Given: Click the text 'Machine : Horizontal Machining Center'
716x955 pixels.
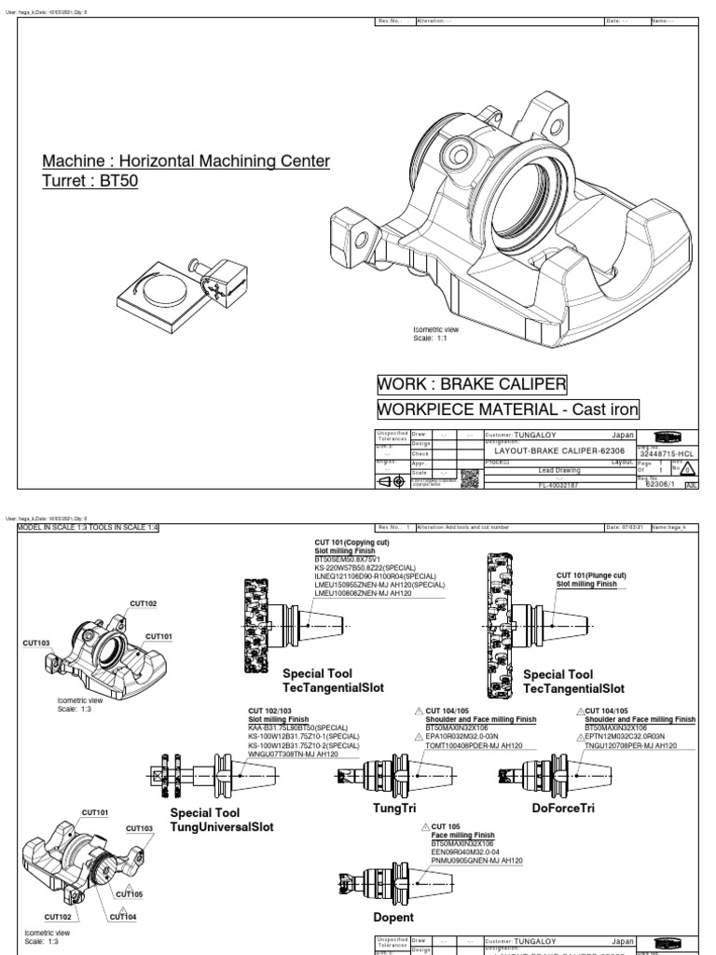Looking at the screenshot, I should pos(186,161).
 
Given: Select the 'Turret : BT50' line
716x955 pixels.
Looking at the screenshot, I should pos(90,181).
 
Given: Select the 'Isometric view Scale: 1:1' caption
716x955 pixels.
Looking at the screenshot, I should pos(435,334).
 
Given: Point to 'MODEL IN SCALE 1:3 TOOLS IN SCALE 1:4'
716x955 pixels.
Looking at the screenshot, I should pos(88,527).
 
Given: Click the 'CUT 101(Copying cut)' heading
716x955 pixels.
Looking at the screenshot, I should pos(350,542).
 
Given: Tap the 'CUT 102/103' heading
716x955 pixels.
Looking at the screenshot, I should pos(273,711).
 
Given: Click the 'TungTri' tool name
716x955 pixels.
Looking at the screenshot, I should pos(392,807).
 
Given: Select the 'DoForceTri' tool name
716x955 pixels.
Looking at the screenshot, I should pos(562,807).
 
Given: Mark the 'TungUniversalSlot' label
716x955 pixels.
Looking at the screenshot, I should pos(222,826).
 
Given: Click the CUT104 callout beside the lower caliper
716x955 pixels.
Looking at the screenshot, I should pos(122,916).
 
